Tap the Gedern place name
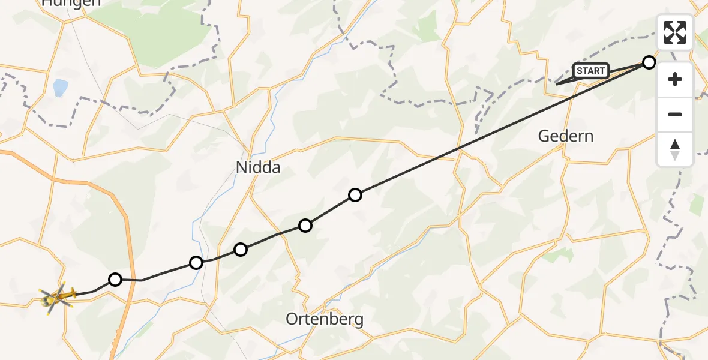[x=565, y=136]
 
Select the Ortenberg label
[x=325, y=319]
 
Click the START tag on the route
[x=591, y=71]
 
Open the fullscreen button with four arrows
[x=675, y=32]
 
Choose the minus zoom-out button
[x=675, y=114]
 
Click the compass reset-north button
[x=675, y=149]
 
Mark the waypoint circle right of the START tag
[x=649, y=62]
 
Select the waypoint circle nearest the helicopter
[x=115, y=279]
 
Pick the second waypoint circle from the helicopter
[x=196, y=262]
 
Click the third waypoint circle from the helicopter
[x=241, y=249]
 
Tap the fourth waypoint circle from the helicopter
[x=305, y=226]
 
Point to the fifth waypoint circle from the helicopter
[x=355, y=195]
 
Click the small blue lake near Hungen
[x=60, y=88]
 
